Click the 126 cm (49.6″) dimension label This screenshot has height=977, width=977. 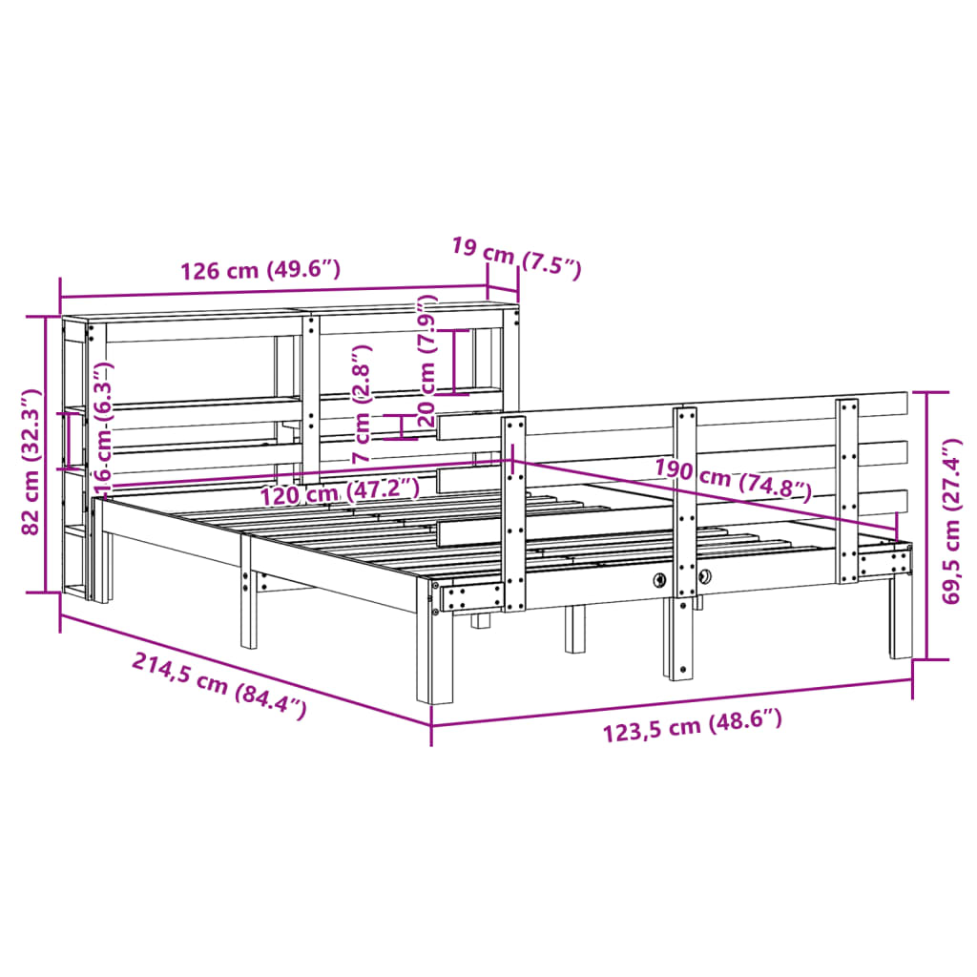point(260,270)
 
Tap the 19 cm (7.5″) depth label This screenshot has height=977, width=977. point(515,258)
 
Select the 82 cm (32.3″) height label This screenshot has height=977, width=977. point(31,461)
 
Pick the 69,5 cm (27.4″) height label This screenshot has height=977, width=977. point(952,521)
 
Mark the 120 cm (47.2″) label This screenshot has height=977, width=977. point(341,492)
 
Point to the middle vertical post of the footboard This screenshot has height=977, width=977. point(684,534)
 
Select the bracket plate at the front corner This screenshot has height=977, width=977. point(469,597)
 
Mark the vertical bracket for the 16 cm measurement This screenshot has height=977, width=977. point(68,440)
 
